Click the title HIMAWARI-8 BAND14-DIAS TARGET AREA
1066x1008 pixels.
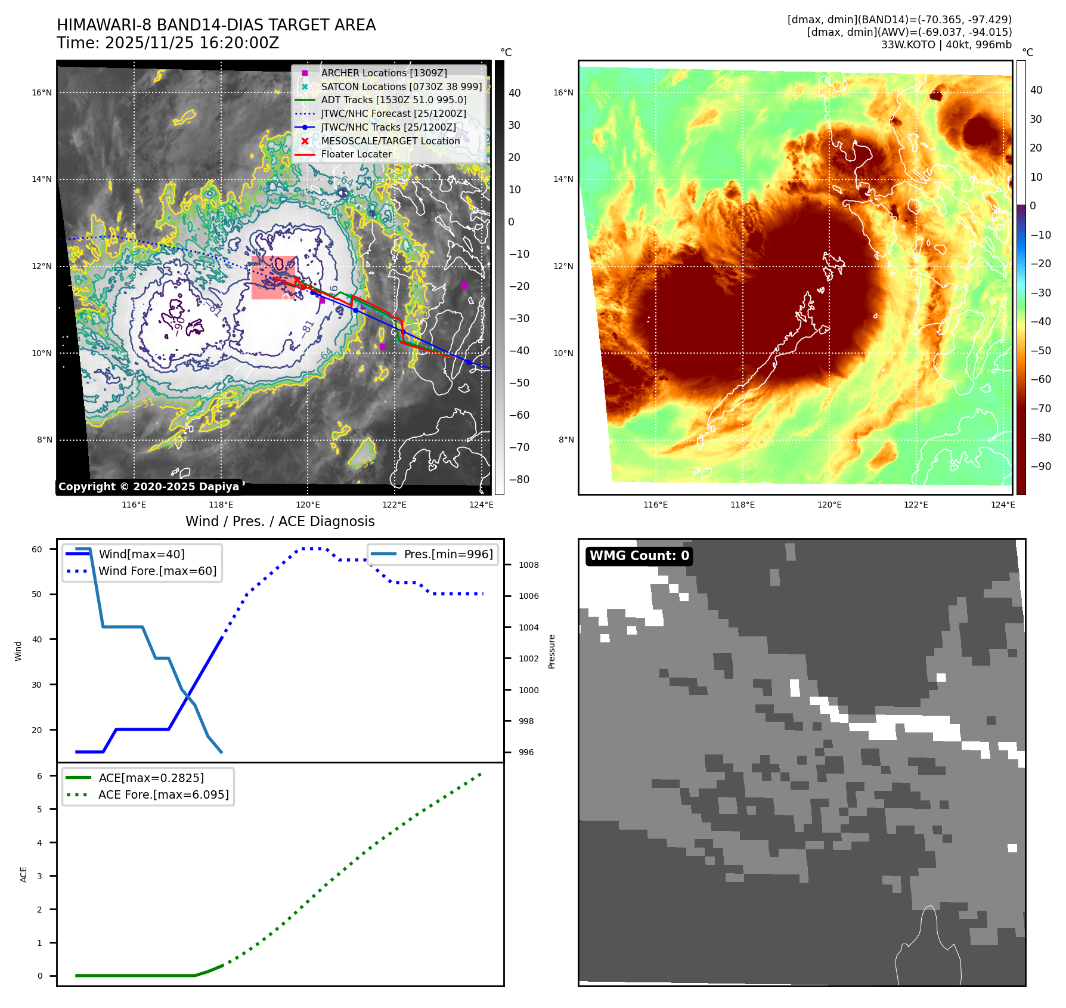click(x=216, y=25)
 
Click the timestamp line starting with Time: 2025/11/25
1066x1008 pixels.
click(x=168, y=43)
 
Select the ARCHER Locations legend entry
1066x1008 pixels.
click(x=383, y=73)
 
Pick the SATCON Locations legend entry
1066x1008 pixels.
click(x=401, y=86)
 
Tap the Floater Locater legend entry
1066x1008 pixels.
click(x=356, y=154)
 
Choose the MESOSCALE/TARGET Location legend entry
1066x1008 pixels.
click(x=390, y=141)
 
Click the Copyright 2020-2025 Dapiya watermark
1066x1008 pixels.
click(x=148, y=487)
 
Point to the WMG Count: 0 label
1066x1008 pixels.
click(x=639, y=556)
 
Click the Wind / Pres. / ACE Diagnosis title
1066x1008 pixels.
click(x=280, y=521)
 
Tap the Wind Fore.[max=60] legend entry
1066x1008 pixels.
click(x=157, y=571)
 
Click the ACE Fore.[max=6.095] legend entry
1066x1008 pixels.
click(x=163, y=794)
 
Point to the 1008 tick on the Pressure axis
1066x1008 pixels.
click(x=528, y=565)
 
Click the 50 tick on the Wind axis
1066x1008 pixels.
click(x=37, y=594)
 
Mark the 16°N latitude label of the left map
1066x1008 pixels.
click(x=42, y=92)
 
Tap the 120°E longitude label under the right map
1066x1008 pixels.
click(x=829, y=505)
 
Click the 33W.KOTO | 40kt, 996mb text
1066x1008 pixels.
click(x=946, y=45)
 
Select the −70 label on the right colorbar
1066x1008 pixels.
click(x=1040, y=409)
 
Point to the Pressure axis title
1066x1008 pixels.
click(x=551, y=651)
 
